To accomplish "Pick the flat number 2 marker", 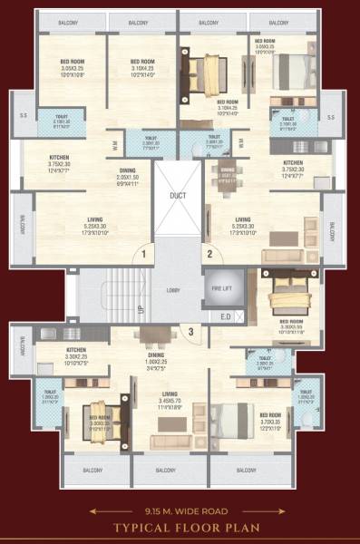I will point(208,256).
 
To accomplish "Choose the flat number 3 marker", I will point(191,332).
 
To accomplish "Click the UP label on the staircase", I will point(140,309).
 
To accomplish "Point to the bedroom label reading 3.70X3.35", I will point(270,418).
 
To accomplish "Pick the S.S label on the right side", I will point(330,118).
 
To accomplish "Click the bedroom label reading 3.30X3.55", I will point(291,325).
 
